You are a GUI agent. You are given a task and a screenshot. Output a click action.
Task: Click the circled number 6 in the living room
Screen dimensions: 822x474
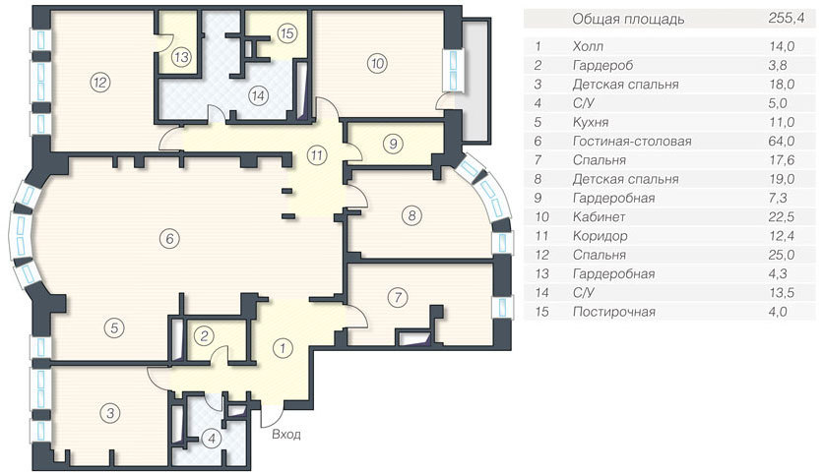click(x=169, y=239)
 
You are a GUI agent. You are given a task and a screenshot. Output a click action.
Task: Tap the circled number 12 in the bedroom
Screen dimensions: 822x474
click(x=100, y=82)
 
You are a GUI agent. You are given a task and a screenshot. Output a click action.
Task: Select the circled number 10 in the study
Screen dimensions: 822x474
click(x=377, y=63)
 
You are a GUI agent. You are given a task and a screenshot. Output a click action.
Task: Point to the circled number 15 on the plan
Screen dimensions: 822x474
click(x=286, y=33)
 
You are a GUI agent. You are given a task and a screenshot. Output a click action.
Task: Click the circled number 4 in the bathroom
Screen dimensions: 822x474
click(x=212, y=438)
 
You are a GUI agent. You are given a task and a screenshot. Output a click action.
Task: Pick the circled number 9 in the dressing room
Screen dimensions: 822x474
click(x=393, y=143)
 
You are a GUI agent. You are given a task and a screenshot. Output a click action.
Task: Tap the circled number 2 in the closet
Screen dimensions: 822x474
click(x=204, y=335)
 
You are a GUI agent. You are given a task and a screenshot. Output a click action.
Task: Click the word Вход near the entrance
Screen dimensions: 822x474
click(x=286, y=435)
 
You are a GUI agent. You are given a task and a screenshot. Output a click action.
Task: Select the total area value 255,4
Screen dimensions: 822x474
click(x=786, y=19)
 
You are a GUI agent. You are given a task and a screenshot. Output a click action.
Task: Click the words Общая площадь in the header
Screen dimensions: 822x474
click(x=628, y=20)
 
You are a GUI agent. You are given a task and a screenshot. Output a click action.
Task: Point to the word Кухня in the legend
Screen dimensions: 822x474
click(x=591, y=123)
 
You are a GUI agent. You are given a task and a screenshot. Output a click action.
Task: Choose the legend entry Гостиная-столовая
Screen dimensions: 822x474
click(x=632, y=142)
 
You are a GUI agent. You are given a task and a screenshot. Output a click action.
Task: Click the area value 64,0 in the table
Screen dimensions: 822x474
click(x=783, y=142)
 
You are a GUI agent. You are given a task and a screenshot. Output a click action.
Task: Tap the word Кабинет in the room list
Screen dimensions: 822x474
click(x=599, y=216)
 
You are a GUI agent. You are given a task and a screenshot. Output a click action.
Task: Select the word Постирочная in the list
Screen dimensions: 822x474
click(x=614, y=312)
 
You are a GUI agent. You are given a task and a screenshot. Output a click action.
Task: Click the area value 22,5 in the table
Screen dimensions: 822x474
click(x=783, y=216)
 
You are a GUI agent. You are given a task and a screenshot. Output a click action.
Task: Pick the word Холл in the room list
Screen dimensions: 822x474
click(x=588, y=46)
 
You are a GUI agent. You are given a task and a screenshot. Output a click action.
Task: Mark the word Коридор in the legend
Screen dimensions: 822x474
click(x=600, y=236)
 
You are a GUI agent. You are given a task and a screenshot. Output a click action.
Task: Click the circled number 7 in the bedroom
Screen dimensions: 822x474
click(x=398, y=298)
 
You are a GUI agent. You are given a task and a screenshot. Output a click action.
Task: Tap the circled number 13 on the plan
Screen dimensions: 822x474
click(x=181, y=57)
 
